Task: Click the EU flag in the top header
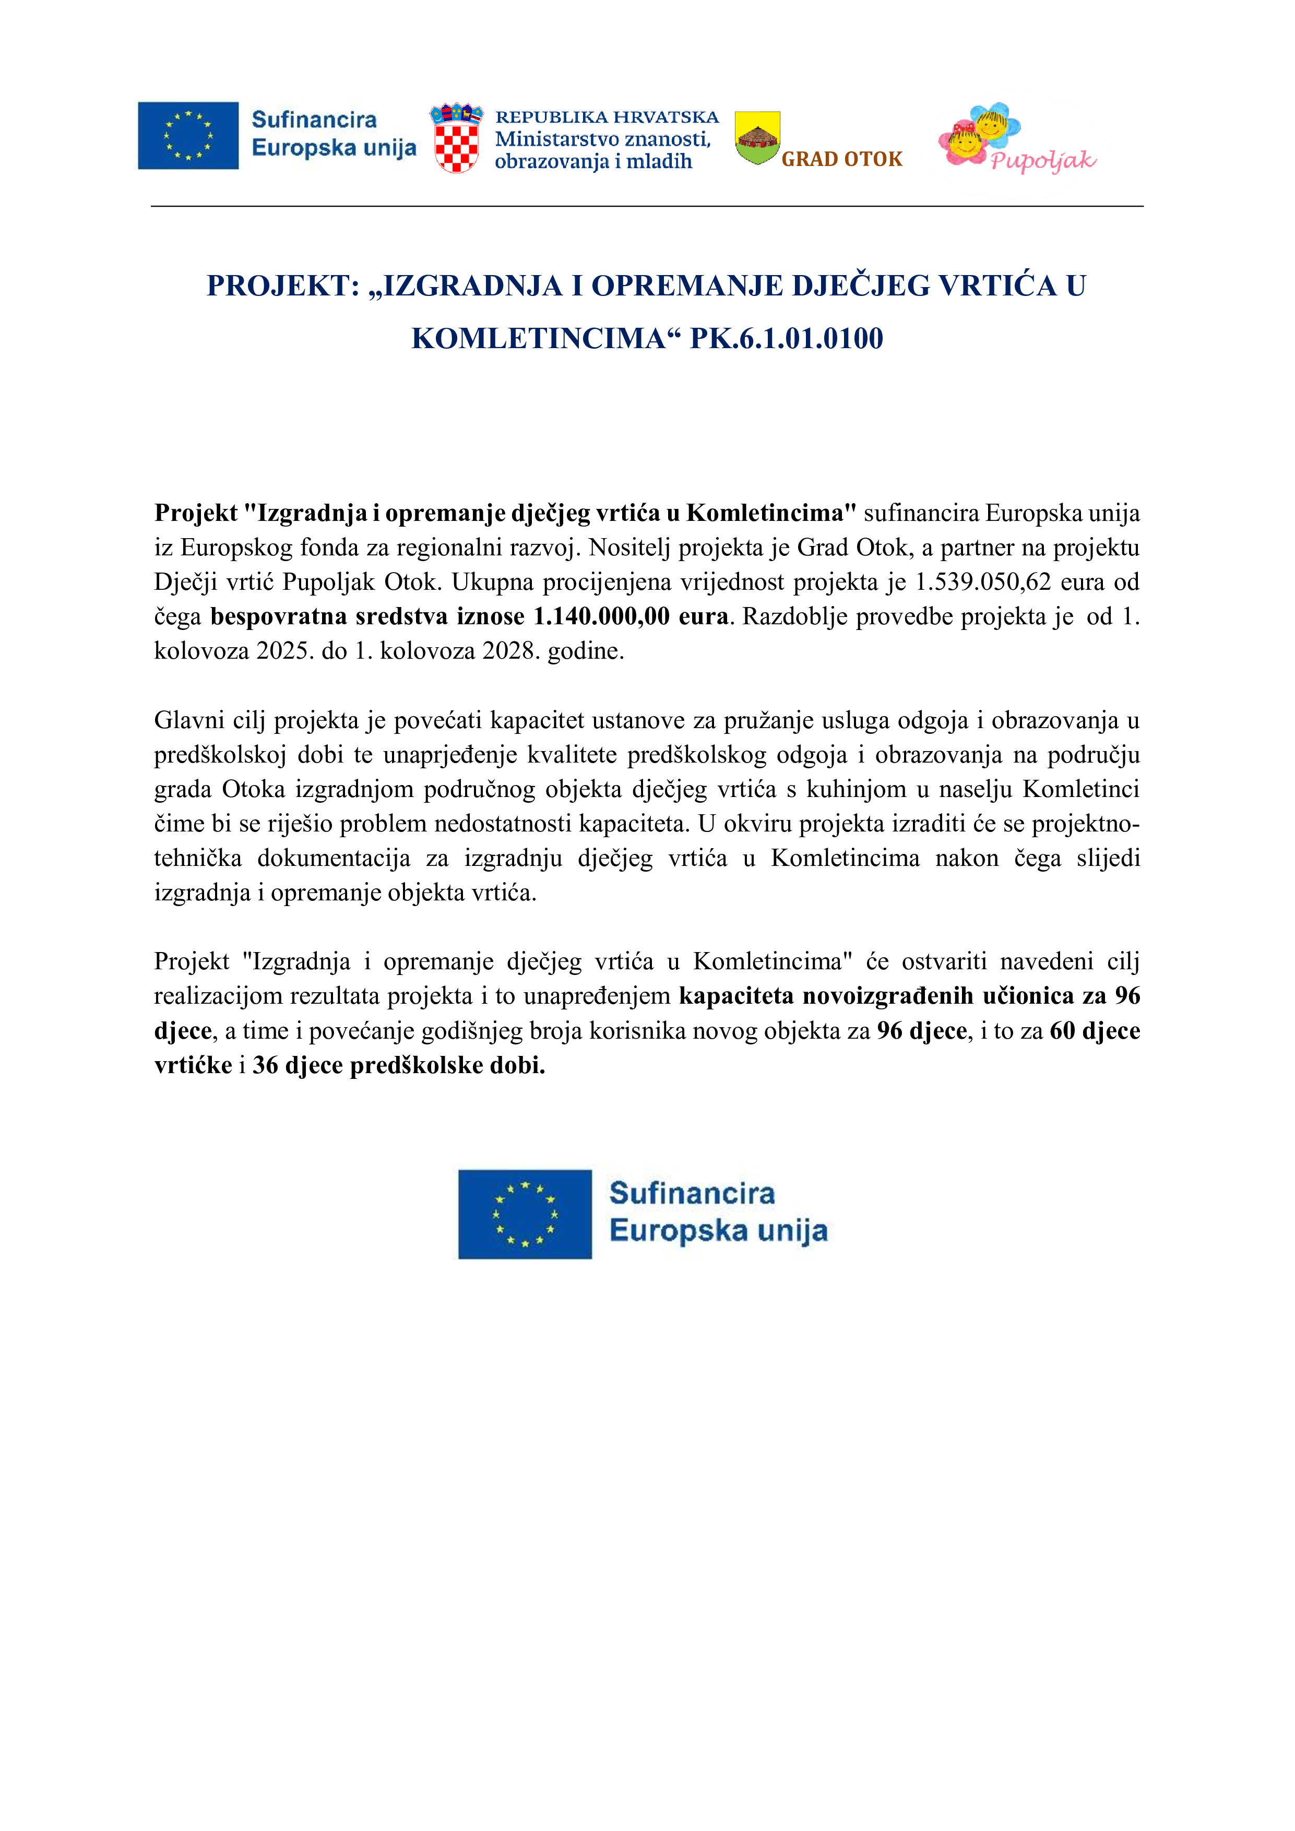188,136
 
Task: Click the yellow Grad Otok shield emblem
757,138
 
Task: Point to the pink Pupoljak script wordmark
1043,161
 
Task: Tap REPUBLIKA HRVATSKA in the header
607,117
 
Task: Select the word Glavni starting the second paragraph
189,720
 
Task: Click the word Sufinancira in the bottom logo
692,1194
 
